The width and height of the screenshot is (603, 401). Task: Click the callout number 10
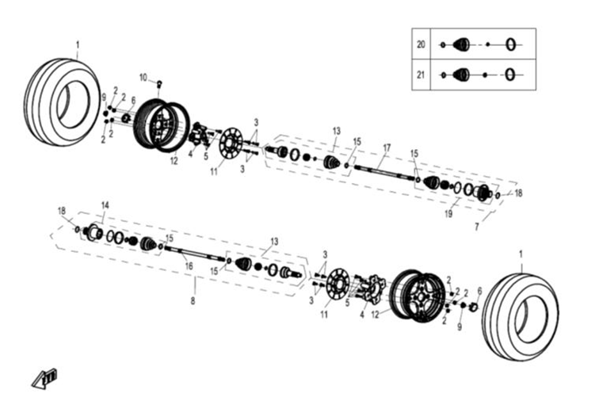pos(143,77)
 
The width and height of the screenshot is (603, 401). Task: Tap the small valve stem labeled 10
pos(159,83)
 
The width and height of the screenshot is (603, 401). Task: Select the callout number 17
pos(387,147)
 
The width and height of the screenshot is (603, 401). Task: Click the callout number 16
pos(189,267)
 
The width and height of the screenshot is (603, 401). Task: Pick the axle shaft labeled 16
pos(193,254)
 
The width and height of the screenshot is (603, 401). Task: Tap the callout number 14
pos(105,205)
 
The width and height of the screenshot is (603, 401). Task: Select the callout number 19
pos(448,213)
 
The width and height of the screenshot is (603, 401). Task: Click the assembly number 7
pos(476,227)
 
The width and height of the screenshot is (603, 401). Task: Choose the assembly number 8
pos(193,301)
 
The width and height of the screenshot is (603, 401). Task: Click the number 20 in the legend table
pos(421,45)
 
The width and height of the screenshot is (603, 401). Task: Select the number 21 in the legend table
pos(421,74)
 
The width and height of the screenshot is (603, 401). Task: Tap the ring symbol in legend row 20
pos(511,45)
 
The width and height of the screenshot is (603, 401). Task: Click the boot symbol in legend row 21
pos(460,74)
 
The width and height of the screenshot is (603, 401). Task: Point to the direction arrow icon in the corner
pos(45,378)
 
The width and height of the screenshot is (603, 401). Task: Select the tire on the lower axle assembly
pos(520,304)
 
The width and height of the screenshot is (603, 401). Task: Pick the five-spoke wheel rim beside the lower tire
pos(418,294)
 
